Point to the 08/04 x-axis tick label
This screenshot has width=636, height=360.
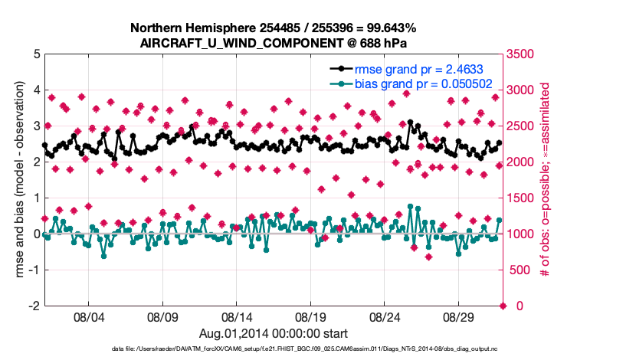click(x=88, y=316)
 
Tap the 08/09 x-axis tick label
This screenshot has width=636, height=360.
click(x=162, y=316)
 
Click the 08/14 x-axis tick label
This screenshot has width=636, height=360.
click(x=237, y=316)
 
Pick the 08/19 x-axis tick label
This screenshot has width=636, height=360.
click(x=311, y=316)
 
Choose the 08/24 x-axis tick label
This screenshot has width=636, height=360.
click(x=385, y=316)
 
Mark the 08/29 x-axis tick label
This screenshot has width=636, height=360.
click(x=460, y=316)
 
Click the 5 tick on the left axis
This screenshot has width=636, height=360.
click(x=36, y=54)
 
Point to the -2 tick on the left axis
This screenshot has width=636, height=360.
click(x=34, y=306)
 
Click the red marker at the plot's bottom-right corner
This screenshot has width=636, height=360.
click(x=503, y=306)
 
